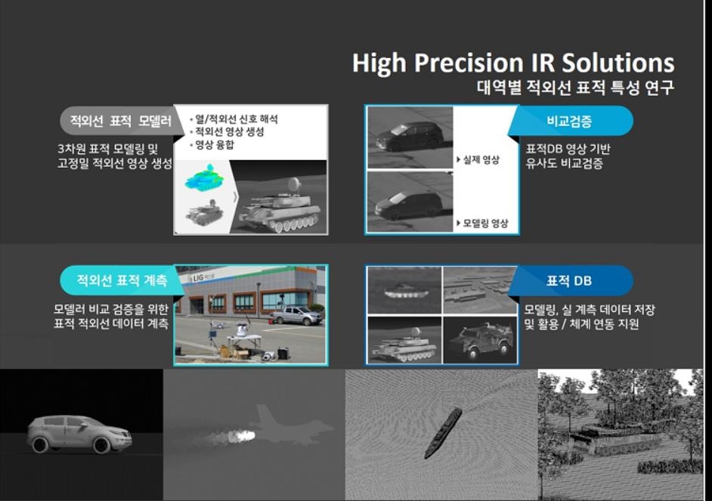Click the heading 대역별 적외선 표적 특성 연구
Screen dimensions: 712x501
(x=575, y=87)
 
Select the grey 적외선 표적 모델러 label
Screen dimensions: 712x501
(x=120, y=121)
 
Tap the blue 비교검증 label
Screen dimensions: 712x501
(x=569, y=121)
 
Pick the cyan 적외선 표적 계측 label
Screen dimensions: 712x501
(x=122, y=280)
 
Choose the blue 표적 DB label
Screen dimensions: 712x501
(x=569, y=280)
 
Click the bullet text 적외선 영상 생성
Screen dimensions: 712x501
(x=229, y=132)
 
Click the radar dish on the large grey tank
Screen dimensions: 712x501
(x=293, y=184)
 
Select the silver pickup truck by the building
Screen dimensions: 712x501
(x=297, y=314)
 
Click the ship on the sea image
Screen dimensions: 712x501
(x=443, y=432)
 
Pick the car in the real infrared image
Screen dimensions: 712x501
(x=410, y=136)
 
